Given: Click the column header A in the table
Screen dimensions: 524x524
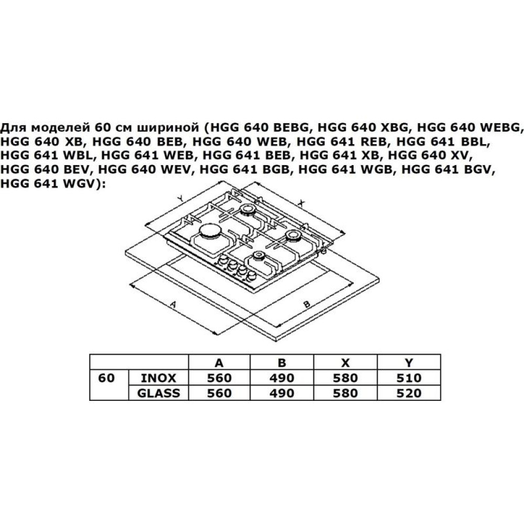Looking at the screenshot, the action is (x=219, y=363).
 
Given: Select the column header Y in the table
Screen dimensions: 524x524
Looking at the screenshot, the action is (x=408, y=363).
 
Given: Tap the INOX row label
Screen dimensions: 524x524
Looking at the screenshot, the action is (x=158, y=378).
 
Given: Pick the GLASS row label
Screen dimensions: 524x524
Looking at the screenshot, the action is (x=158, y=394).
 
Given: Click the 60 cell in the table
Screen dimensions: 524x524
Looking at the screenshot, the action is (x=106, y=378).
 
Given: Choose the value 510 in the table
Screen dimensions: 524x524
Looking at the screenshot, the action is (x=409, y=378).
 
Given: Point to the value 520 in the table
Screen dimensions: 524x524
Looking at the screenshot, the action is (x=409, y=394).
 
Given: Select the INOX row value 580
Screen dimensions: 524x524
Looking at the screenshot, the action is (x=345, y=378).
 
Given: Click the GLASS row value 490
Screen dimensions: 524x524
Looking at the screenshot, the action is (x=282, y=394).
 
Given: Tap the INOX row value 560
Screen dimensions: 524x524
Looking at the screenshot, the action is (x=219, y=378).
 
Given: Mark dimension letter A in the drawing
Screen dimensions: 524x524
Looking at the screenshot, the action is (x=173, y=304).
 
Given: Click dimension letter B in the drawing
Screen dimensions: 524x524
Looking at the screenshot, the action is (x=307, y=304).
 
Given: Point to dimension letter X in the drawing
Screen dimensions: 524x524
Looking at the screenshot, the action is (x=301, y=202).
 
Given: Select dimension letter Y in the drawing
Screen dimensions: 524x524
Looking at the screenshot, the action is (x=181, y=199).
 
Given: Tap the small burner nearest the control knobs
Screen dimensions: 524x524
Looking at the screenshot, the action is (x=258, y=257).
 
